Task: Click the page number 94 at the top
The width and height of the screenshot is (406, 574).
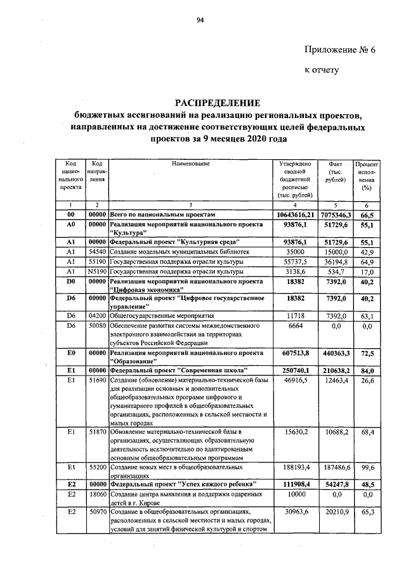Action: click(x=200, y=21)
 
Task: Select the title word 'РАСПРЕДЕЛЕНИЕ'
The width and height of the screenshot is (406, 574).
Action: click(x=218, y=103)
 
